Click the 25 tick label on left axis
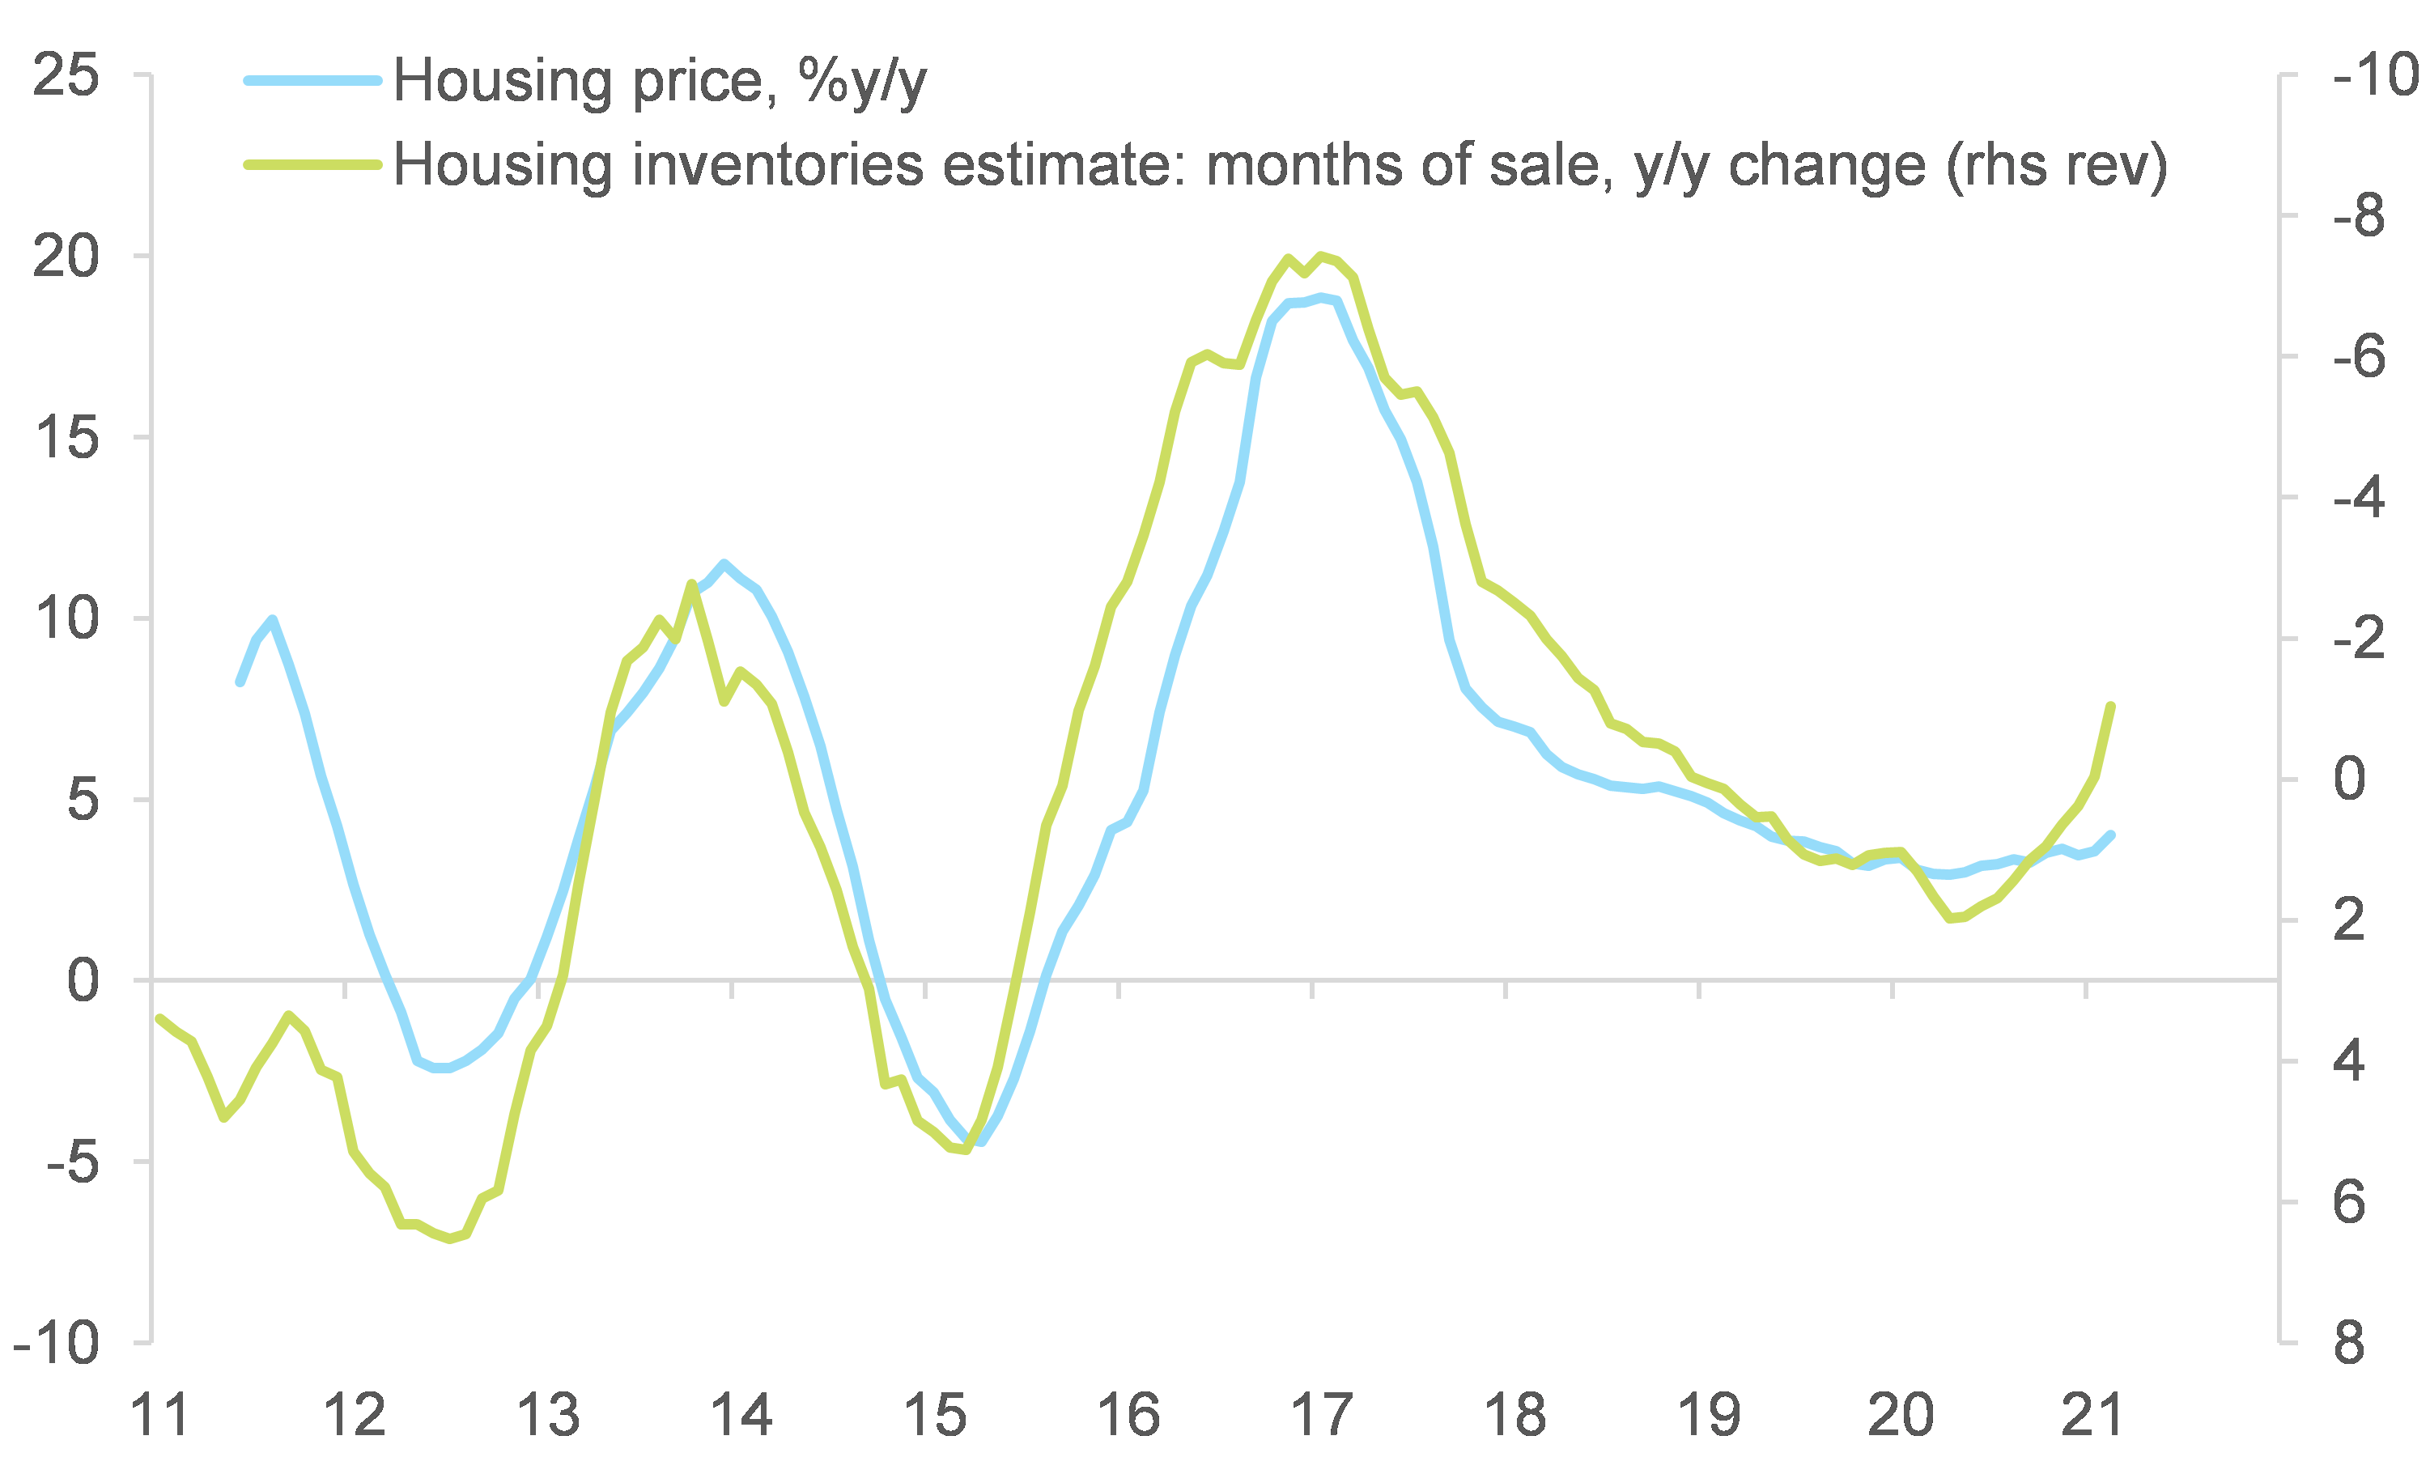(x=66, y=75)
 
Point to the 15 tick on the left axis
(x=66, y=438)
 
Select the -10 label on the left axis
(x=57, y=1343)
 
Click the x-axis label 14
(x=741, y=1415)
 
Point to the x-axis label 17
(x=1322, y=1415)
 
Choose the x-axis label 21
(x=2092, y=1415)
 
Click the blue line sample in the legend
(x=312, y=80)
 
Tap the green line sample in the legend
(x=312, y=165)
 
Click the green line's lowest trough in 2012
(x=451, y=1239)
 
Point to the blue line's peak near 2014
(x=724, y=563)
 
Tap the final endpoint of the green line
(x=2111, y=706)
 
